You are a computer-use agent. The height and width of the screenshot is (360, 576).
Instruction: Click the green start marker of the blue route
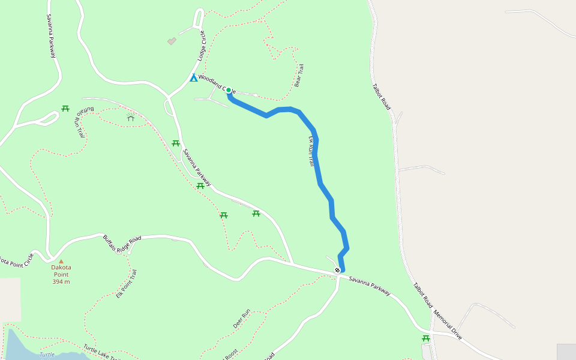point(229,90)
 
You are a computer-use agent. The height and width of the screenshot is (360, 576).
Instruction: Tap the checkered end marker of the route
point(338,271)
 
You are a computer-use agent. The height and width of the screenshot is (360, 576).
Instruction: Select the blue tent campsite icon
point(194,78)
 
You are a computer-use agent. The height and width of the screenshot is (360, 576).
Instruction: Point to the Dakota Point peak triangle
point(61,261)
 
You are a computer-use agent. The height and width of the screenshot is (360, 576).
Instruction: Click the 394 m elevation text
point(61,281)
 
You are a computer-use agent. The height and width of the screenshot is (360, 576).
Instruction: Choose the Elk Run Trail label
point(311,151)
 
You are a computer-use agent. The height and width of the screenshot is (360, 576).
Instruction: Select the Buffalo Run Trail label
point(80,121)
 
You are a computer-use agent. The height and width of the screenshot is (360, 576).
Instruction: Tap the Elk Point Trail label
point(127,284)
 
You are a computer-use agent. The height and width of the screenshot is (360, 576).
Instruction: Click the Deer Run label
point(241,319)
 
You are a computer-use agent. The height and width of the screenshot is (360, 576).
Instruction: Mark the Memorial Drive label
point(448,325)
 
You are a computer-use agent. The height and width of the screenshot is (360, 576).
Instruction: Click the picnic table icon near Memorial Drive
point(426,338)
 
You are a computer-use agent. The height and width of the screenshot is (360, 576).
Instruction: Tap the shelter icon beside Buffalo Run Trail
point(131,118)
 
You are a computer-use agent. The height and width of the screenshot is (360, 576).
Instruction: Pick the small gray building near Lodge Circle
point(172,41)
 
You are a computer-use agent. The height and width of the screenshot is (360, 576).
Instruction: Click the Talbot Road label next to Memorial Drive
point(422,295)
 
